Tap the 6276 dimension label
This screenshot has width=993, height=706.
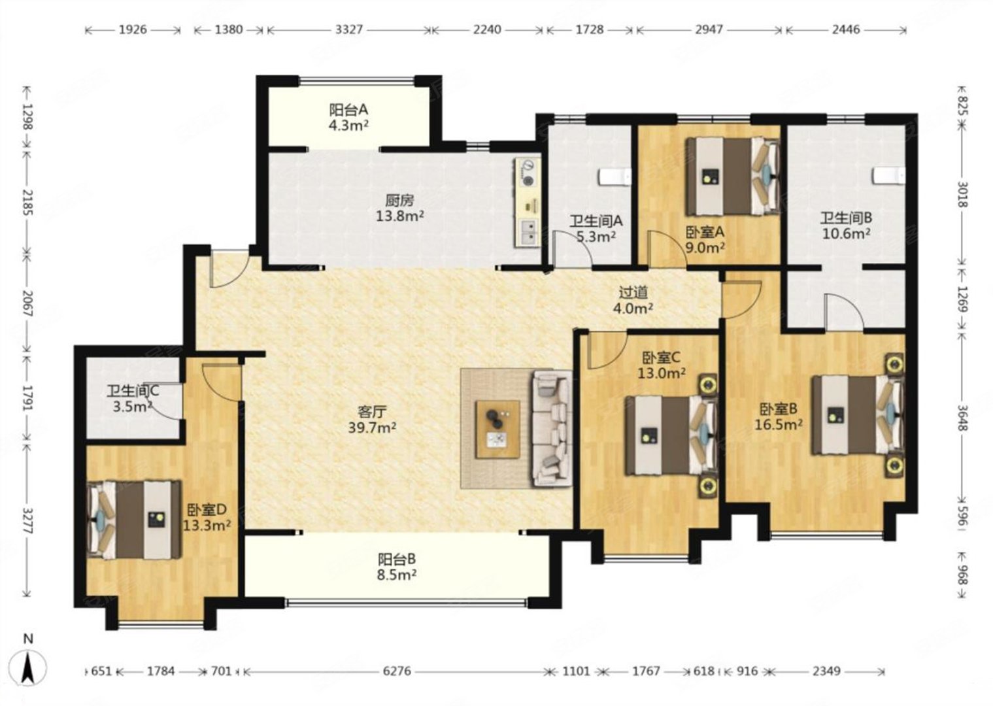[x=396, y=671]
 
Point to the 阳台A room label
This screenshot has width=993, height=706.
[x=348, y=109]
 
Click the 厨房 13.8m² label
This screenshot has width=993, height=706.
[x=400, y=209]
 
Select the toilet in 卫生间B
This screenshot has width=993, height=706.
[x=890, y=175]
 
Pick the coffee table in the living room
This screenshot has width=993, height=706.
[x=498, y=429]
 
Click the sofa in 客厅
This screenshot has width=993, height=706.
[x=552, y=428]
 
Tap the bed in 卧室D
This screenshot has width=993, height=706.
[x=134, y=520]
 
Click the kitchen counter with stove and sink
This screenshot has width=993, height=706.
[x=527, y=202]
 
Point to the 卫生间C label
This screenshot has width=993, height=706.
[x=133, y=391]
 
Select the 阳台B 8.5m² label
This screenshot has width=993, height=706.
[x=397, y=567]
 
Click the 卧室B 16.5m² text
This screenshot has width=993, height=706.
[x=779, y=416]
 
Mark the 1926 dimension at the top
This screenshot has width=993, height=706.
[x=133, y=29]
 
